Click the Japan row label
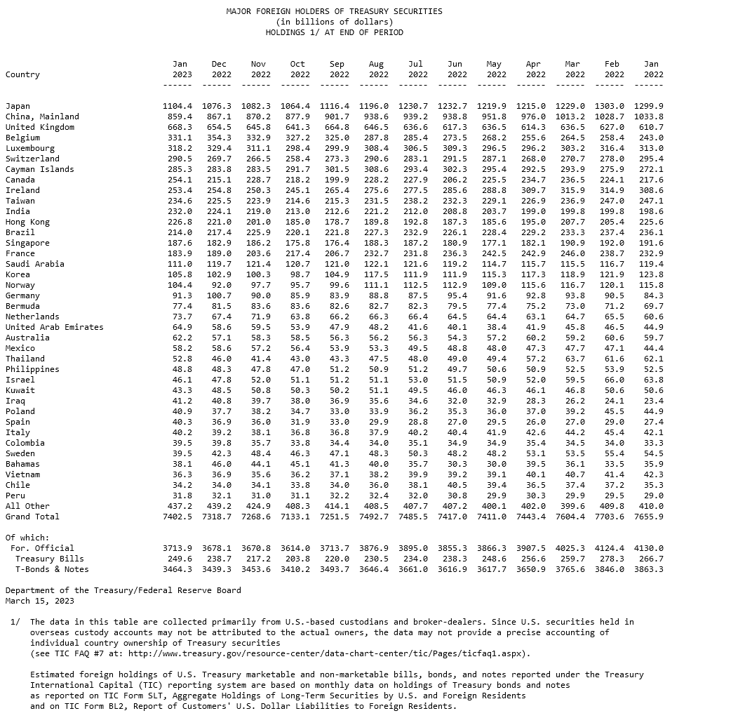pos(18,106)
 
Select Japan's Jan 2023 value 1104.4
pos(177,106)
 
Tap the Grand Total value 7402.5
pos(177,517)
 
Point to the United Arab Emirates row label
pos(54,327)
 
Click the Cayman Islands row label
pos(39,169)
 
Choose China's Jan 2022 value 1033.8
pos(648,117)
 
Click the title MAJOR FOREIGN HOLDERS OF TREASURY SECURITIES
pos(334,11)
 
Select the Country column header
pos(22,74)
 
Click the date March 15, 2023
pos(39,601)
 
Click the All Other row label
pos(27,506)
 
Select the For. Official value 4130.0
pos(648,548)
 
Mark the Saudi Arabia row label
pos(34,264)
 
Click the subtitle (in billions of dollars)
pos(334,22)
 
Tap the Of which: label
pos(27,538)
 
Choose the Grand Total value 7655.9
pos(648,517)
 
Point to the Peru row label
pos(15,495)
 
